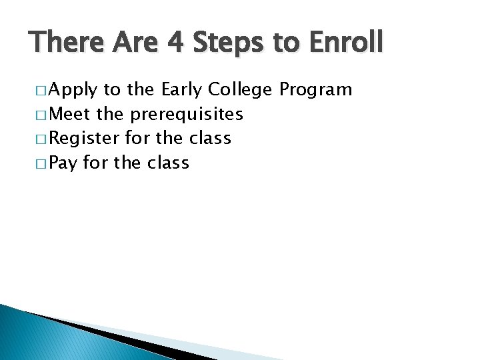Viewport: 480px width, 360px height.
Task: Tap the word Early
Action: pos(182,90)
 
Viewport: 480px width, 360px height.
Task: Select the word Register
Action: pos(85,139)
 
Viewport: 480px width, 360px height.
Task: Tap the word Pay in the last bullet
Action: pos(63,163)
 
